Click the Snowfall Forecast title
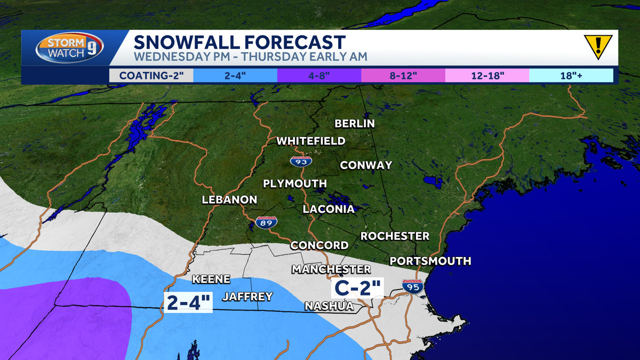[239, 42]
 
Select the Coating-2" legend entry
[151, 75]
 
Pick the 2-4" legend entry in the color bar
[235, 75]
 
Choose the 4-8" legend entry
[319, 75]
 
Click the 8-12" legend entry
[403, 75]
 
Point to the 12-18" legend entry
[487, 75]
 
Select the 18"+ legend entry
[571, 75]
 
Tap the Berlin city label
[355, 124]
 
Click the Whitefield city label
[310, 141]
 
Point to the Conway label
[366, 165]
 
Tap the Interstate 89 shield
[267, 222]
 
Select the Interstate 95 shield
[413, 286]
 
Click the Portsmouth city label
[430, 261]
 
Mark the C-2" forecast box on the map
[357, 288]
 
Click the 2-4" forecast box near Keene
[189, 302]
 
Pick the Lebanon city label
[229, 200]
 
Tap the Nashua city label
[329, 306]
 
